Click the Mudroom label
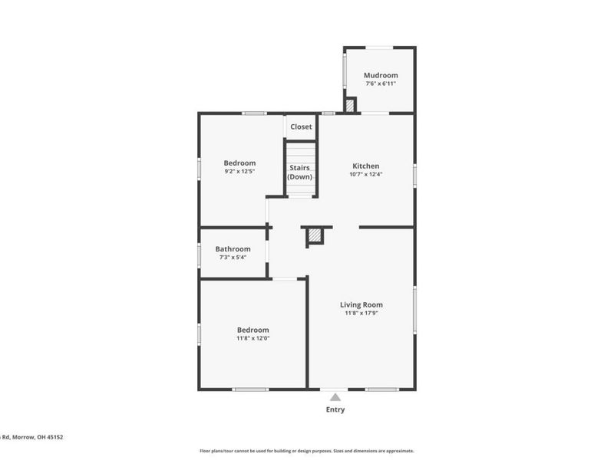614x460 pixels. tap(381, 75)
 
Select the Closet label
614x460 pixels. tap(301, 127)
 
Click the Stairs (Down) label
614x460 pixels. tap(300, 172)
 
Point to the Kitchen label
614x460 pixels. tap(365, 166)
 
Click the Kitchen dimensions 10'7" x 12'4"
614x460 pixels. tap(365, 174)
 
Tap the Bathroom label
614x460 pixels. tap(233, 249)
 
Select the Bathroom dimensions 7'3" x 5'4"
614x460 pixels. tap(233, 257)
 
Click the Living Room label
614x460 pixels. tap(361, 304)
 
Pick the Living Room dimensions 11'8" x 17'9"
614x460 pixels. tap(361, 313)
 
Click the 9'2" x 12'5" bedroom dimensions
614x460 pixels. tap(239, 171)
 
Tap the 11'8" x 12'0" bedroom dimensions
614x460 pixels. tap(253, 338)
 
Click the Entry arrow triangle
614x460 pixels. tap(335, 396)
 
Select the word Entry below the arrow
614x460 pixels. tap(335, 409)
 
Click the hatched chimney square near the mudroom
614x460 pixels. tap(350, 106)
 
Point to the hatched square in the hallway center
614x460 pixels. tap(315, 236)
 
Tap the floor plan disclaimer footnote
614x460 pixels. tap(307, 451)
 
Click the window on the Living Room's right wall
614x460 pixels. tap(414, 310)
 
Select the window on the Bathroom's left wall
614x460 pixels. tap(200, 254)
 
